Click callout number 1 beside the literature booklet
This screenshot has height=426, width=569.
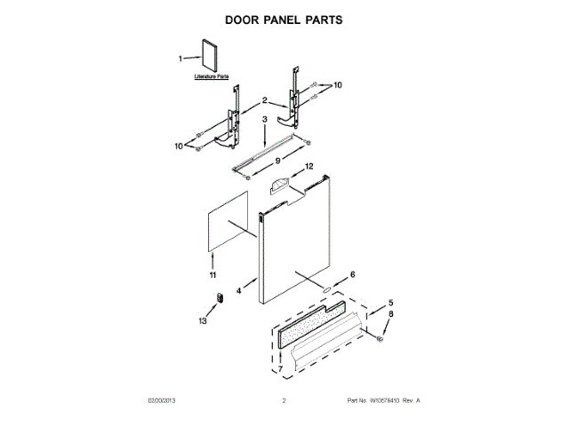tap(181, 59)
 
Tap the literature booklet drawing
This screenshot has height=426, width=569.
tap(209, 55)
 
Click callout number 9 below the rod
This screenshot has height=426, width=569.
tap(277, 160)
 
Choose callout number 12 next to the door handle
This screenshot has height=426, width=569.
tap(309, 166)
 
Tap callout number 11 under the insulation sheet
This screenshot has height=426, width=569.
tap(212, 276)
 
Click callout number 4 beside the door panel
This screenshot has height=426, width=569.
tap(239, 290)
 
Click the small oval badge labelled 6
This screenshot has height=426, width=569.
tap(327, 289)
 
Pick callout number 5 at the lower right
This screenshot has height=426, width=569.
tap(389, 303)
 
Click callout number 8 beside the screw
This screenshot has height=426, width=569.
tap(389, 315)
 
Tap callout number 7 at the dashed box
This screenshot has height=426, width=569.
tap(280, 367)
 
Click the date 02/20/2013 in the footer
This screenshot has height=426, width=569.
tap(162, 401)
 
